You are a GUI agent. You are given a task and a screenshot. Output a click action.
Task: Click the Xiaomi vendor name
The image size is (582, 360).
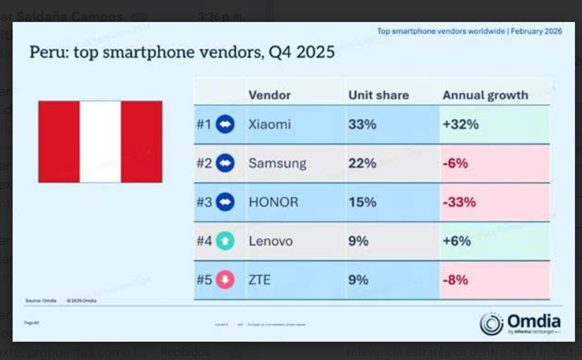(x=269, y=125)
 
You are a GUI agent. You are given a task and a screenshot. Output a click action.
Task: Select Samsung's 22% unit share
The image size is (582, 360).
(x=362, y=164)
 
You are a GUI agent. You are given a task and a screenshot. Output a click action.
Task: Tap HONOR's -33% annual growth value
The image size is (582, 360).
(x=459, y=202)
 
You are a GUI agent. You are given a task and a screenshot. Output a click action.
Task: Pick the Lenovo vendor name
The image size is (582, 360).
(x=270, y=241)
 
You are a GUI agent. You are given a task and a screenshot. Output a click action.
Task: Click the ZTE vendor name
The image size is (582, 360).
(x=259, y=280)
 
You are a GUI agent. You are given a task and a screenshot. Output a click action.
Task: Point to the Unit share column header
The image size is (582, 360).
(x=378, y=95)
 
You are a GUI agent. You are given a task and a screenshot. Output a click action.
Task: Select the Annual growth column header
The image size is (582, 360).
(x=485, y=95)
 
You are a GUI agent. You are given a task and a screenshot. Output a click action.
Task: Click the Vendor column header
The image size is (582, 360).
(x=269, y=95)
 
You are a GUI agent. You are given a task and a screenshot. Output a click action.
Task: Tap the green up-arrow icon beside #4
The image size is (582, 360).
(x=225, y=241)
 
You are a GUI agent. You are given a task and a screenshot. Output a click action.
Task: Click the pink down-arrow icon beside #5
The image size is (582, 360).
(x=225, y=280)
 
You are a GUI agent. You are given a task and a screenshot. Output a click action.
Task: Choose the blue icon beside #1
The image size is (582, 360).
(x=225, y=125)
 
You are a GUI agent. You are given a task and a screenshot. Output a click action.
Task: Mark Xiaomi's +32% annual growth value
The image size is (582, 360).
(x=460, y=125)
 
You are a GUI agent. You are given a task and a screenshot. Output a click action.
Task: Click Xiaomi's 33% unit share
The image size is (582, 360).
(x=362, y=125)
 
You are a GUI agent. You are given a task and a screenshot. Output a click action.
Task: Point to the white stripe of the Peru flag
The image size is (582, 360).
(x=100, y=142)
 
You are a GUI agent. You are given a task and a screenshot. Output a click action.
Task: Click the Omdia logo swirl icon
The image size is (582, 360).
(x=491, y=323)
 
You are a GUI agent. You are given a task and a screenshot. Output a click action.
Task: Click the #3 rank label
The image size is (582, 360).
(x=204, y=202)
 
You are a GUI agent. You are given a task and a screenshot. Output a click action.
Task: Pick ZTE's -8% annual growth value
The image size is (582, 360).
(x=455, y=280)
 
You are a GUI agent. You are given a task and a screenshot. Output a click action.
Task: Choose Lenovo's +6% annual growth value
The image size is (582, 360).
(x=456, y=241)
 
